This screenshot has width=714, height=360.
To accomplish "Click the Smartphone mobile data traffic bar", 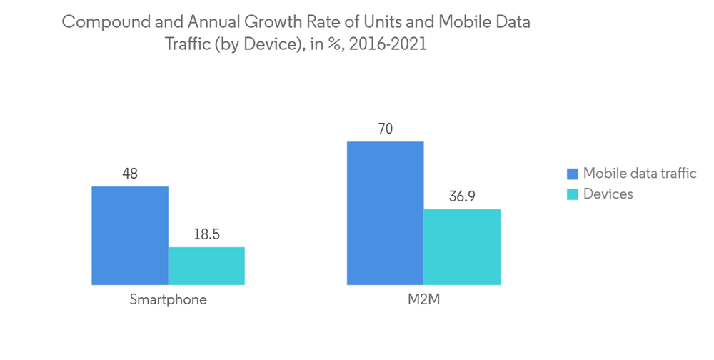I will (130, 236).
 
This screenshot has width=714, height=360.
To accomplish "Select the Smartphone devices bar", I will (206, 266).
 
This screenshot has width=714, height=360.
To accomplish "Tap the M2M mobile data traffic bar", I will (385, 213).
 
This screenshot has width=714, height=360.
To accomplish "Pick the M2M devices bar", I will (462, 247).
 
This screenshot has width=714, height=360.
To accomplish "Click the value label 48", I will (129, 174).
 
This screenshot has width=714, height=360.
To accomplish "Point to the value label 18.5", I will (206, 234).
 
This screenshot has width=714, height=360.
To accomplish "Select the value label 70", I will (385, 129).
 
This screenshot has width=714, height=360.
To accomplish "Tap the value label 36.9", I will (462, 196).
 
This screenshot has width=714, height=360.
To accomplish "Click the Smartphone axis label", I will (169, 300).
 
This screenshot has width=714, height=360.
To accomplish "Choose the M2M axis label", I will (423, 300).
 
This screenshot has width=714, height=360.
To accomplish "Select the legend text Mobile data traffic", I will (640, 174).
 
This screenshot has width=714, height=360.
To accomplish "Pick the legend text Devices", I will (608, 194).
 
